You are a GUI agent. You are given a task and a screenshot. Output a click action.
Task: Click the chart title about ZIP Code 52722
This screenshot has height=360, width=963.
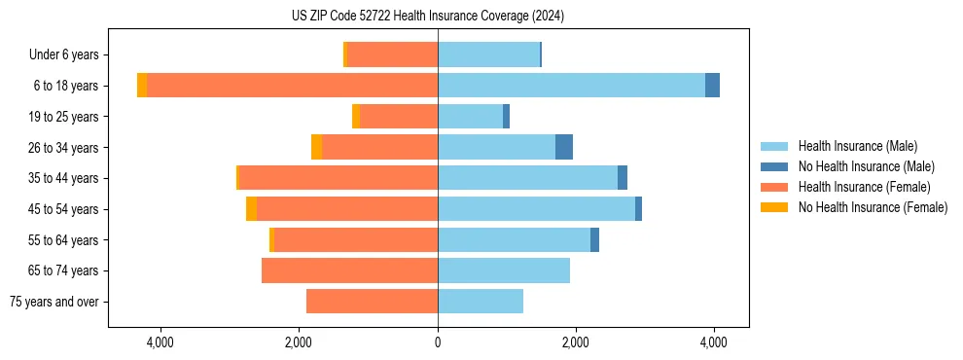(427, 17)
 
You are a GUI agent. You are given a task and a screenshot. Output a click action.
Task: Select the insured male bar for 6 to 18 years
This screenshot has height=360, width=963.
(571, 86)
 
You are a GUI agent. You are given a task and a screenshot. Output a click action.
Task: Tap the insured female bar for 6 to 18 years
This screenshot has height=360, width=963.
(292, 86)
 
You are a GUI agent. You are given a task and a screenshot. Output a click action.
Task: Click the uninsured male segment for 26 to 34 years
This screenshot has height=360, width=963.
(564, 147)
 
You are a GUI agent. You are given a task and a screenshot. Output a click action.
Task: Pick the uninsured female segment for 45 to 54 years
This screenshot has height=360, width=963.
(251, 209)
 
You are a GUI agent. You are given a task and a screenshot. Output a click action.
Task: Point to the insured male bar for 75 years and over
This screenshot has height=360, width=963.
(481, 302)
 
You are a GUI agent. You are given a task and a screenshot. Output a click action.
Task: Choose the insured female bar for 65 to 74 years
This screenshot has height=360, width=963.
(349, 270)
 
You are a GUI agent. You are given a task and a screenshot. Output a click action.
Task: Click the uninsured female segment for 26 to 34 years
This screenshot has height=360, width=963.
(316, 147)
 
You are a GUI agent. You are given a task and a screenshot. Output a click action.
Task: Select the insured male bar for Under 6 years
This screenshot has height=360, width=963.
(488, 54)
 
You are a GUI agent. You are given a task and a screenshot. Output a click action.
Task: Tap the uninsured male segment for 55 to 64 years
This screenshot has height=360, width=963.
(594, 239)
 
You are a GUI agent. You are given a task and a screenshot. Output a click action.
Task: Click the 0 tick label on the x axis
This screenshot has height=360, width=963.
(438, 342)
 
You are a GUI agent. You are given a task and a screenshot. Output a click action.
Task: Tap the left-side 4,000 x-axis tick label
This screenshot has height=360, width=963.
(160, 342)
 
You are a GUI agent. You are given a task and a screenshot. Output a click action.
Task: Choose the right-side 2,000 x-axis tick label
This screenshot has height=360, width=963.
(576, 342)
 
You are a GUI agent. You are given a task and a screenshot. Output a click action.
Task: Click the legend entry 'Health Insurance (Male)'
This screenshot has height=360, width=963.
(857, 146)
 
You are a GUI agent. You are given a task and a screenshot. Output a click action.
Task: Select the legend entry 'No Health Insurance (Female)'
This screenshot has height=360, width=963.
(873, 207)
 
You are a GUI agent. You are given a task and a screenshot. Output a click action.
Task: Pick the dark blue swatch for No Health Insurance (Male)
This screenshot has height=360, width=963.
(775, 166)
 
